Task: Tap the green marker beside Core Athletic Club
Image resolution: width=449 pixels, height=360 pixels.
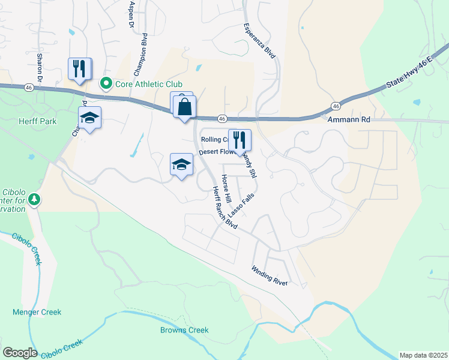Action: pyautogui.click(x=106, y=84)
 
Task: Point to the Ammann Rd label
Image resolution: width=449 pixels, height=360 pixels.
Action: pyautogui.click(x=350, y=120)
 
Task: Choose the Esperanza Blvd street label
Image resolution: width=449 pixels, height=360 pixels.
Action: pyautogui.click(x=259, y=41)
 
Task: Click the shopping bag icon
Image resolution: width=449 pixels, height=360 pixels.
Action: pyautogui.click(x=185, y=107)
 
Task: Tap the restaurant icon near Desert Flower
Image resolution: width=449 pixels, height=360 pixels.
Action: pyautogui.click(x=240, y=140)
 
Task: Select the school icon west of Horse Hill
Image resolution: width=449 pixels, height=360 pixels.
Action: pyautogui.click(x=181, y=164)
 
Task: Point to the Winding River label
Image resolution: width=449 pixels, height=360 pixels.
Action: pyautogui.click(x=270, y=275)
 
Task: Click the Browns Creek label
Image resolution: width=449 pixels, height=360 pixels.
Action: pyautogui.click(x=184, y=330)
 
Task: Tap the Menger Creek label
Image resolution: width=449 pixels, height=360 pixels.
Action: pyautogui.click(x=37, y=312)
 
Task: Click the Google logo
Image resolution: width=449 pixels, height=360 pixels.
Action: pyautogui.click(x=20, y=353)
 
